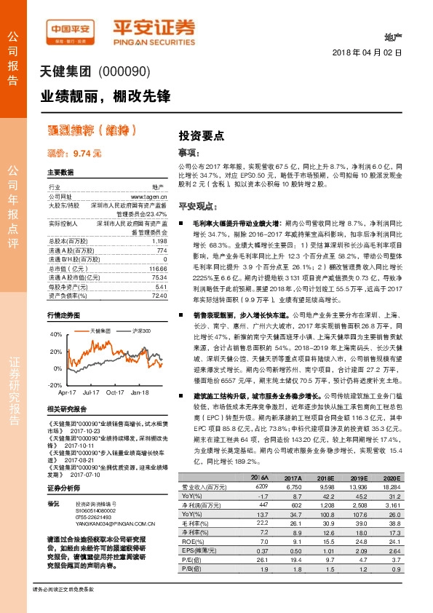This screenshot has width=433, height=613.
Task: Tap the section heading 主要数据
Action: (x=60, y=173)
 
